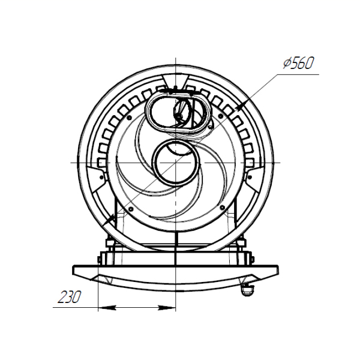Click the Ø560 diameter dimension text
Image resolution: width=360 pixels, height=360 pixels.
298,63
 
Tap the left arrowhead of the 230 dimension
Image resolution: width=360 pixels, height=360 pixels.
107,307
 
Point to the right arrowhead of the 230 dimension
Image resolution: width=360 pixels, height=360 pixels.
167,307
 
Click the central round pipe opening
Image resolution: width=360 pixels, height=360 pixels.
176,162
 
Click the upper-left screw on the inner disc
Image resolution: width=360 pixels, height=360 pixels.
129,118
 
